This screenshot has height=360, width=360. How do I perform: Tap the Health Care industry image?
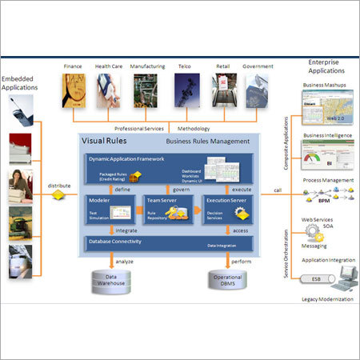[108, 91]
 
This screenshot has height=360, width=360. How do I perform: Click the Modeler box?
[109, 209]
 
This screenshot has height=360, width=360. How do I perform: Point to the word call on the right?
[278, 190]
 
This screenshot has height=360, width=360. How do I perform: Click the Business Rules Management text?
[207, 142]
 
